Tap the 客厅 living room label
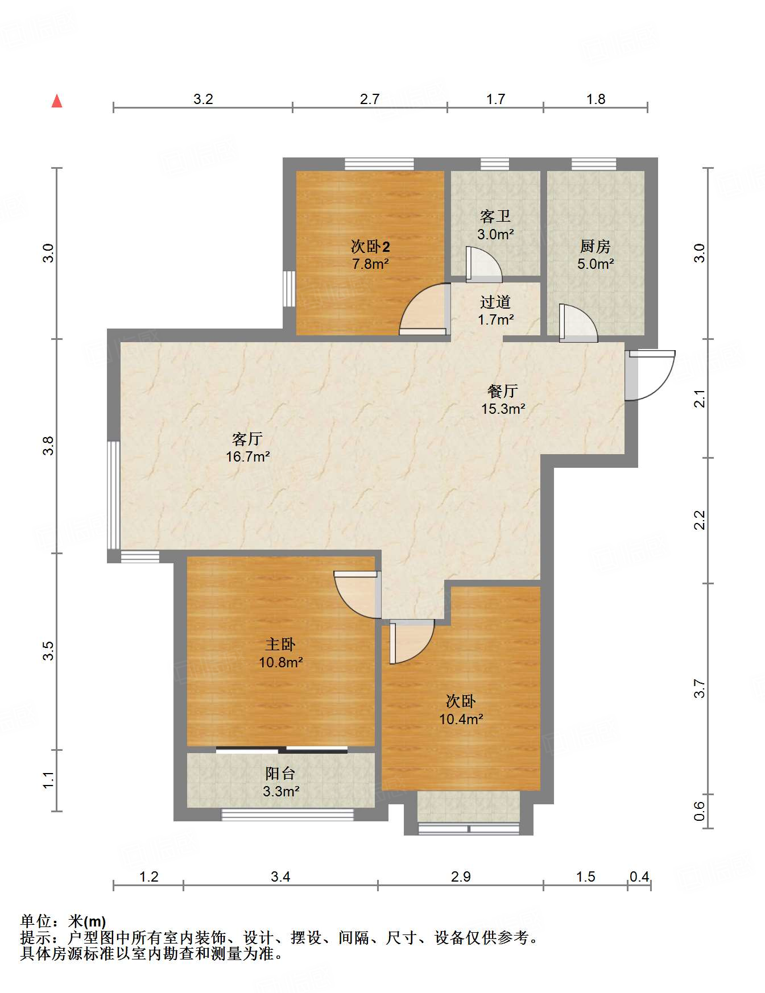pyautogui.click(x=247, y=439)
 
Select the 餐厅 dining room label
pyautogui.click(x=503, y=391)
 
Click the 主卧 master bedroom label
pyautogui.click(x=280, y=645)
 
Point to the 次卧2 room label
pyautogui.click(x=370, y=247)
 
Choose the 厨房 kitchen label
pyautogui.click(x=596, y=246)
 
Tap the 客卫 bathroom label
pyautogui.click(x=495, y=217)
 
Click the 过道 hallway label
pyautogui.click(x=495, y=302)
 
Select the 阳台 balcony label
pyautogui.click(x=280, y=774)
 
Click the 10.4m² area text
pyautogui.click(x=461, y=719)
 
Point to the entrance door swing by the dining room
pyautogui.click(x=650, y=376)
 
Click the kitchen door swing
pyautogui.click(x=578, y=323)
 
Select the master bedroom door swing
pyautogui.click(x=357, y=595)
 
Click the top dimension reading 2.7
pyautogui.click(x=370, y=99)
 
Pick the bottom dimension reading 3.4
pyautogui.click(x=280, y=877)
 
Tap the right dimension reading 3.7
pyautogui.click(x=700, y=689)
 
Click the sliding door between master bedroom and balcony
pyautogui.click(x=282, y=750)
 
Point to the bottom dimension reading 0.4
pyautogui.click(x=639, y=877)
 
